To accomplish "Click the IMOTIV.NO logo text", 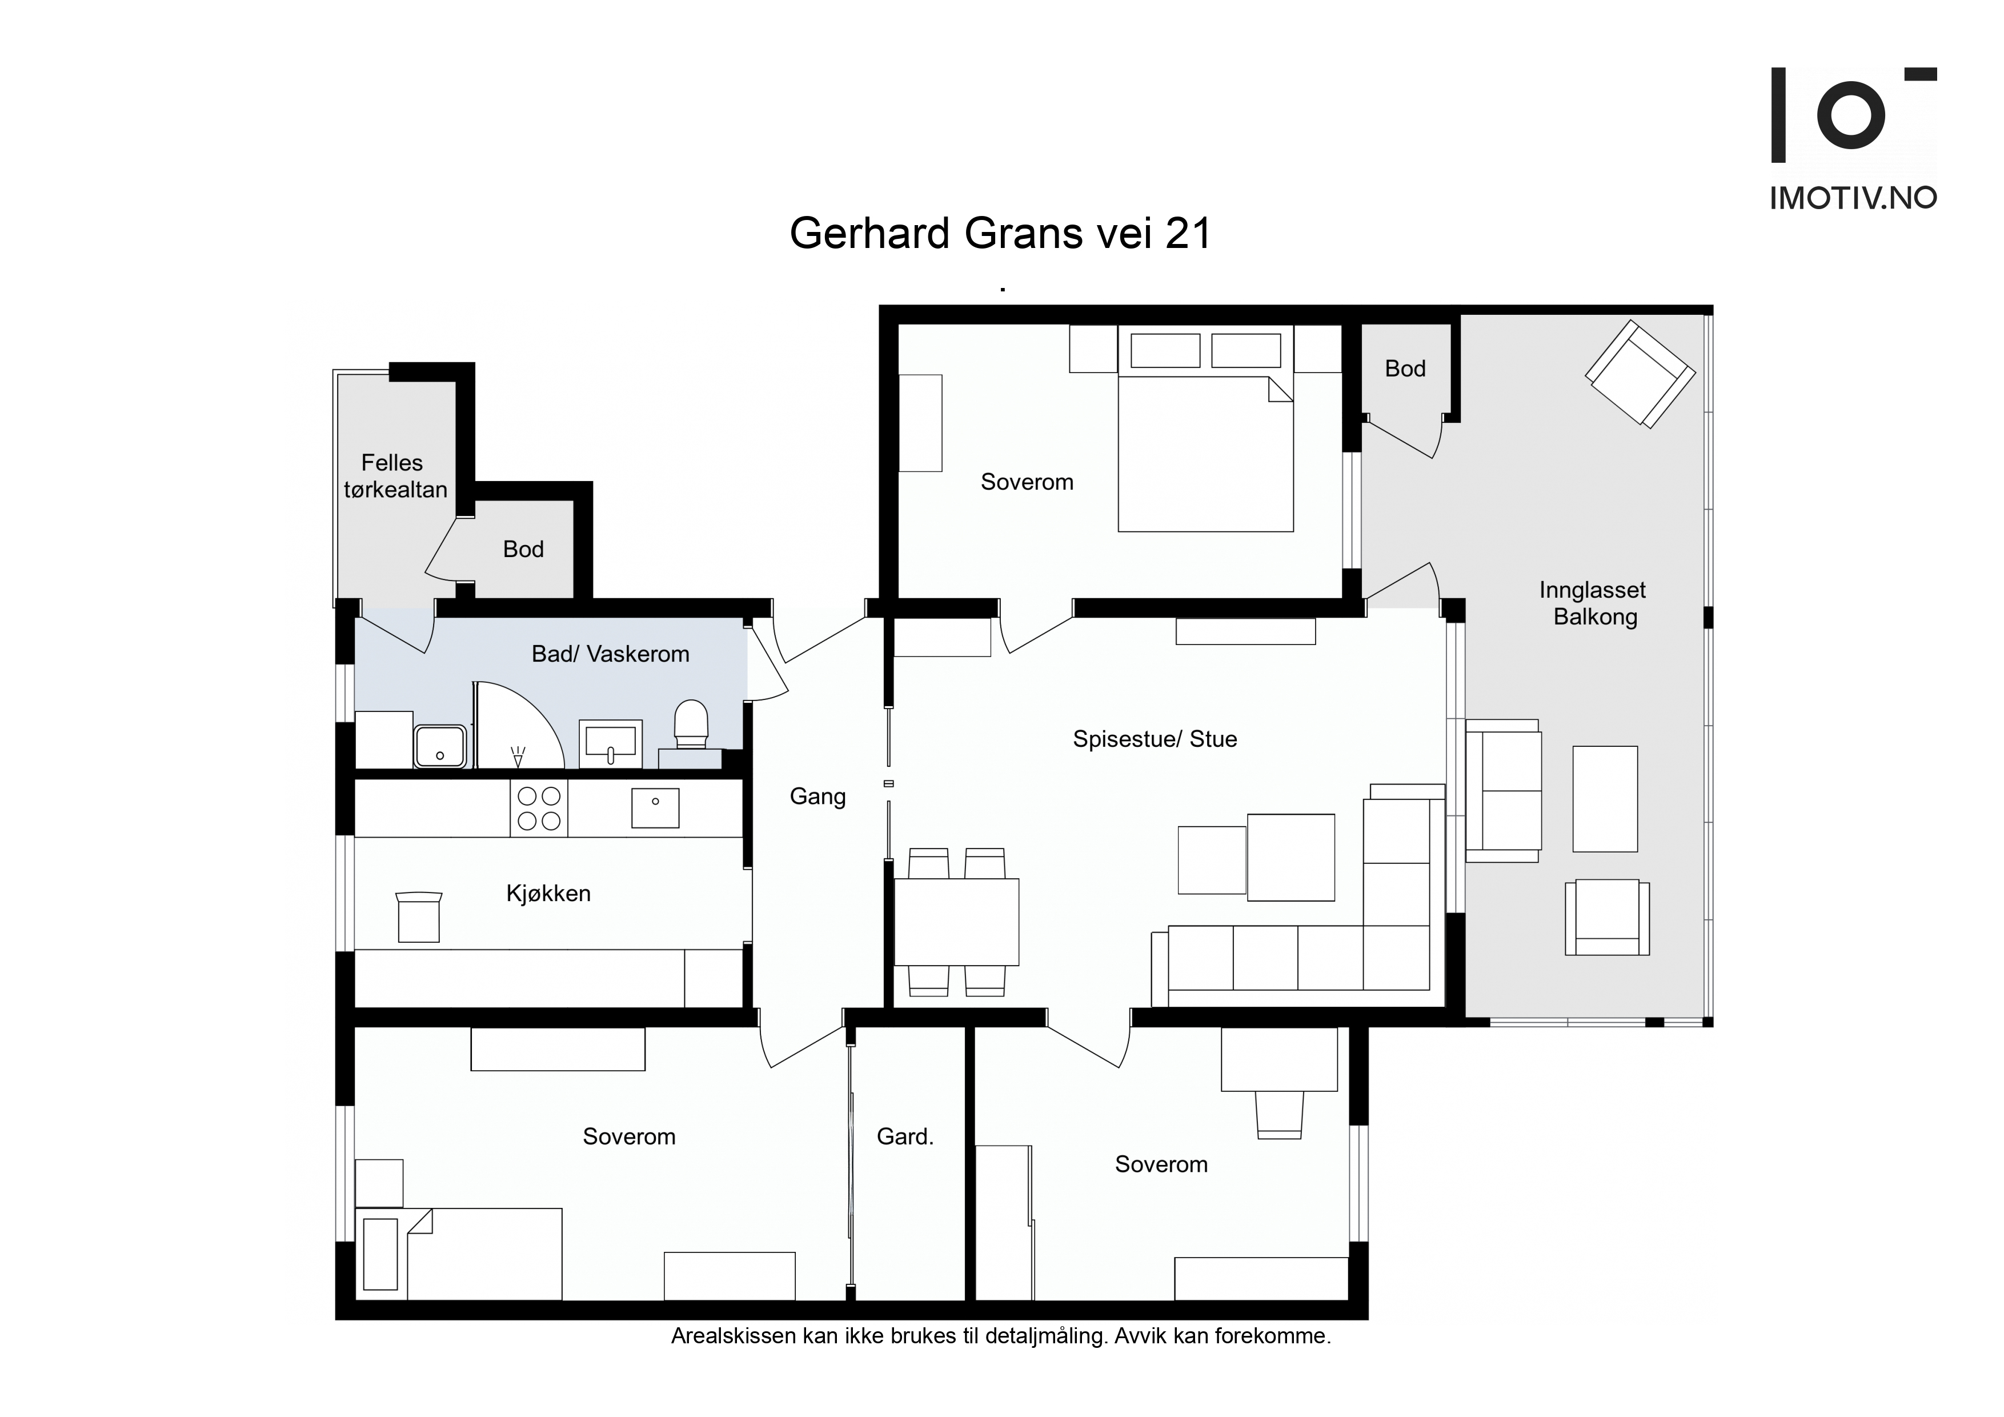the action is click(x=1853, y=198).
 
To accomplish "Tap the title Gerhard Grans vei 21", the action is click(x=1001, y=233).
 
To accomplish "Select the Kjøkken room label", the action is click(x=548, y=893).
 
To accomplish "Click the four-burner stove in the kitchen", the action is click(x=539, y=808).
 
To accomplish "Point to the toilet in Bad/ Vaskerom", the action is click(x=691, y=724).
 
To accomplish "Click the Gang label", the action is click(x=818, y=797).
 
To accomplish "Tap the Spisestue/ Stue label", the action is click(x=1155, y=739).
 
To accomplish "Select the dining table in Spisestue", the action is click(x=957, y=922).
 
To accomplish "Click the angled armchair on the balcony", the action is click(x=1640, y=374).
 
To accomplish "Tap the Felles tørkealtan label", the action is click(x=395, y=476).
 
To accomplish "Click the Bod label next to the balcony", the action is click(x=1405, y=369).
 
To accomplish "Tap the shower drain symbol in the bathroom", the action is click(x=519, y=756).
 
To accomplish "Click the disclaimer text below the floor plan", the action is click(x=1001, y=1336).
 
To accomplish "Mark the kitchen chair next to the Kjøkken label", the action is click(x=419, y=916).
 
